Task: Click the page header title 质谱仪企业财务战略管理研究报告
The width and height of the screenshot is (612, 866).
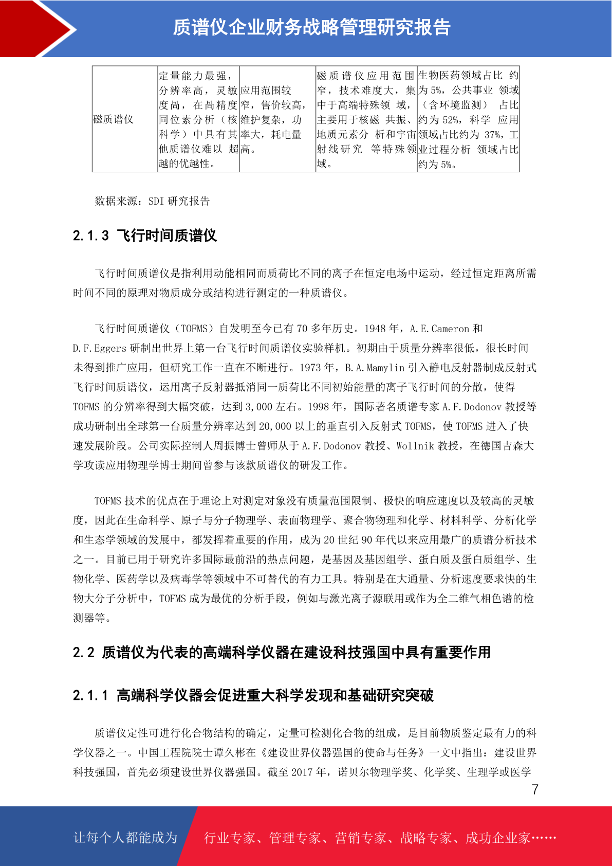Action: pyautogui.click(x=311, y=27)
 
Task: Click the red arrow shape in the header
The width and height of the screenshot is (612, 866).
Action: pyautogui.click(x=36, y=28)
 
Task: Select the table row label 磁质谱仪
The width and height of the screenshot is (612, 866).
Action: pyautogui.click(x=113, y=119)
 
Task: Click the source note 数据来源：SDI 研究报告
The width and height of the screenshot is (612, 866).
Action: pyautogui.click(x=152, y=201)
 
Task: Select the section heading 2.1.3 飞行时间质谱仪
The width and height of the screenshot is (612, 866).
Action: pyautogui.click(x=145, y=236)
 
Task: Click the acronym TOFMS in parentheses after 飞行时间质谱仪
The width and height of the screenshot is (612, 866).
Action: pyautogui.click(x=194, y=329)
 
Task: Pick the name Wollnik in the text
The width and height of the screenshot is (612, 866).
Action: pyautogui.click(x=415, y=446)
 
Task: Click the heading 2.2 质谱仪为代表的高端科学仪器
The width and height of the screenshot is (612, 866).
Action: pyautogui.click(x=282, y=653)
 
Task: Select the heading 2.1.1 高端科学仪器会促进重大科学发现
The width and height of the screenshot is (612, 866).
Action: pyautogui.click(x=253, y=696)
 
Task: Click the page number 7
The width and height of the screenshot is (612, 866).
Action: pyautogui.click(x=535, y=789)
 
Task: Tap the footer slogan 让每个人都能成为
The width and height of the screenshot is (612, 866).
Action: pyautogui.click(x=125, y=838)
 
